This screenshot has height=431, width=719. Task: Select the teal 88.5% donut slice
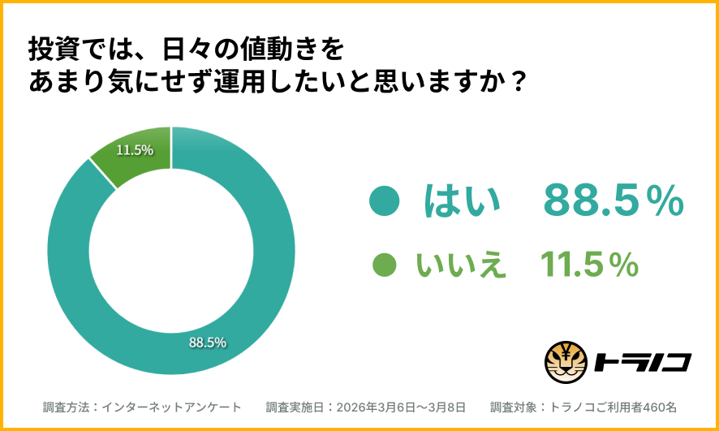point(243,308)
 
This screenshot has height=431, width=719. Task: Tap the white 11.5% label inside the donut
point(135,150)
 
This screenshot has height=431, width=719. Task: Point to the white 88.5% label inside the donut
point(208,342)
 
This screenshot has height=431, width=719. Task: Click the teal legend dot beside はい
point(383,201)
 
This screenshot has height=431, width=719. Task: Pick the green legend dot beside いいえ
point(384,264)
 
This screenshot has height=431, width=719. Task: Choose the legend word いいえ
point(461,265)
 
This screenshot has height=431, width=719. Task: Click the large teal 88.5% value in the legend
point(614,201)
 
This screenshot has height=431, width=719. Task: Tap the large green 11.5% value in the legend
point(589,265)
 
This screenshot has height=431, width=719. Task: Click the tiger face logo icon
point(566,362)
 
